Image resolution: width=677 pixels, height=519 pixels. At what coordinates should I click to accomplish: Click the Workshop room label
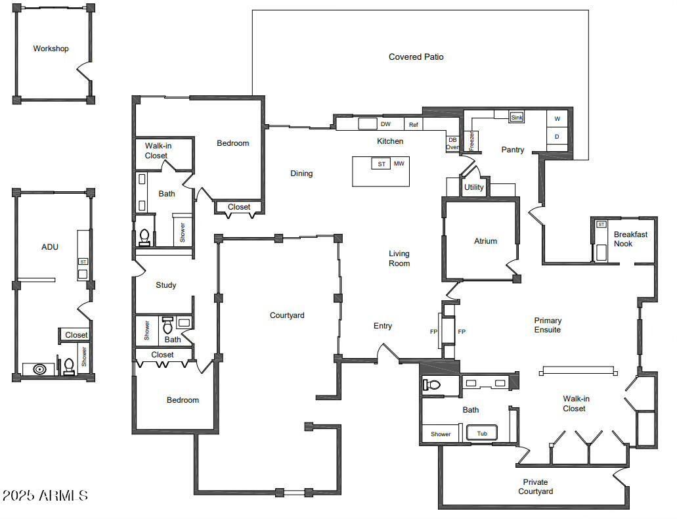pos(51,49)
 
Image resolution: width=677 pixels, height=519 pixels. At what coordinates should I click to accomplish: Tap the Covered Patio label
pos(416,57)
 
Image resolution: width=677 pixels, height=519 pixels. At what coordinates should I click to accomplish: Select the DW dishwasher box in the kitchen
pos(385,124)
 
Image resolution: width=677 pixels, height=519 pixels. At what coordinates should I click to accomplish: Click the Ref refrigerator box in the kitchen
pos(414,124)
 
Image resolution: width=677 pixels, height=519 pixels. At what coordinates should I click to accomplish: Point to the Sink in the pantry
pos(517,118)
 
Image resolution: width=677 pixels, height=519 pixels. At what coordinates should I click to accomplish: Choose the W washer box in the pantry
pos(557,119)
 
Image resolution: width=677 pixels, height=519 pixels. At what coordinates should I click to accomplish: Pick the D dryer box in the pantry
pos(557,137)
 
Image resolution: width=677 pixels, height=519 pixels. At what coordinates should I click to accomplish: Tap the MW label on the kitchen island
pos(399,164)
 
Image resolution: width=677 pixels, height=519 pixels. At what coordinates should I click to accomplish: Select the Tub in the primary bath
pos(482,434)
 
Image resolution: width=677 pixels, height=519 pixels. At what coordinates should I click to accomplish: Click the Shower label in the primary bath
pos(441,434)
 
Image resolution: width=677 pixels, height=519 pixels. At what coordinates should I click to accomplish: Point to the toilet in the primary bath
pos(433,385)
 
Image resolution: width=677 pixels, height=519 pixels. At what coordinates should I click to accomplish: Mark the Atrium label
pos(485,241)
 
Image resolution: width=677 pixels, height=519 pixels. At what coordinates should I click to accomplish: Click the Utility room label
pos(473,187)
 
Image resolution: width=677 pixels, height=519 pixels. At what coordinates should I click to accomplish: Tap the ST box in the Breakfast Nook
pos(601,225)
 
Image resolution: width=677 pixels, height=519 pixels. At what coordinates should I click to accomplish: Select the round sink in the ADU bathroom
pos(39,369)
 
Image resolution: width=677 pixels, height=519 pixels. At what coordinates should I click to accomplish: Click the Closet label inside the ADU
pos(76,335)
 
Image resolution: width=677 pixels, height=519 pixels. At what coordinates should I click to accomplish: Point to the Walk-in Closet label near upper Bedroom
pos(156,151)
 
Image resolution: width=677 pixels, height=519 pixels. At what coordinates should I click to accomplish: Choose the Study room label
pos(165,285)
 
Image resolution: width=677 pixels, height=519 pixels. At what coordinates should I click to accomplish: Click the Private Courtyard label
pos(535,487)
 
